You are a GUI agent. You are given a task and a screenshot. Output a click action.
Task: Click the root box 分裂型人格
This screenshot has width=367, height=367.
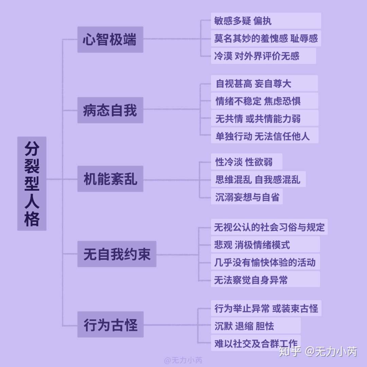coord(32,183)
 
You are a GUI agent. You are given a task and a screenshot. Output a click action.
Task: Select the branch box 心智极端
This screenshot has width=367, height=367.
coord(110,39)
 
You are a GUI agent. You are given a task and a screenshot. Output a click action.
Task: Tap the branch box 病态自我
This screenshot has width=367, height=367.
coord(110,110)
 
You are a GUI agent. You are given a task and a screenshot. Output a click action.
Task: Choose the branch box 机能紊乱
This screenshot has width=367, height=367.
coord(110,179)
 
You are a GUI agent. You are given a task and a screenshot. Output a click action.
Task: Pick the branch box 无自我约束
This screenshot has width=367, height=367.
coord(117,254)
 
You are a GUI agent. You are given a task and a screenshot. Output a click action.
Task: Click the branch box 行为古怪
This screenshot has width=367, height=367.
coord(110,324)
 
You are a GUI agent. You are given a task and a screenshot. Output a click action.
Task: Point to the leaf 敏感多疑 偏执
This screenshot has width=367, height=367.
coord(265,21)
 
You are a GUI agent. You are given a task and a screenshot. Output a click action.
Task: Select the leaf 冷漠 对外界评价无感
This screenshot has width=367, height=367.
coord(263,56)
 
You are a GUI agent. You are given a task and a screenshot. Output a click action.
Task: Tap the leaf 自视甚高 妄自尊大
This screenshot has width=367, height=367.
coord(264,83)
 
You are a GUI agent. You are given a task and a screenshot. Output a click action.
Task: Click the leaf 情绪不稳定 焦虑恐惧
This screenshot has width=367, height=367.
coord(264,101)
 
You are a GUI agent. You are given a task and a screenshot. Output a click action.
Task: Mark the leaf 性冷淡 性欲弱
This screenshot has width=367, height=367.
coord(246,161)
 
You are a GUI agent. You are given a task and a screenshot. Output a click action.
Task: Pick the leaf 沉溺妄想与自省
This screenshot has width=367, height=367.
coord(247,196)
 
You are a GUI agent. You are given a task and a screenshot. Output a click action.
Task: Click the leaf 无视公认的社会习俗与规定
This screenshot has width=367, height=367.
coord(269,227)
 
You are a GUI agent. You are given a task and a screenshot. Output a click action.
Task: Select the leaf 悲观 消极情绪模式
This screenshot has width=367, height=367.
coord(265,245)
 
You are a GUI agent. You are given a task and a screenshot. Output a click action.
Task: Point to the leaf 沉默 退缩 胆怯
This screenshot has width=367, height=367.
coord(256,326)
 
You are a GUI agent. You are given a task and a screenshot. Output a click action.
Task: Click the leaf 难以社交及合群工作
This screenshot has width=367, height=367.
coord(256,343)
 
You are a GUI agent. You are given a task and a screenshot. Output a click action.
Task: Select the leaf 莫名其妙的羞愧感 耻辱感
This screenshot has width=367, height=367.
coord(265,38)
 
